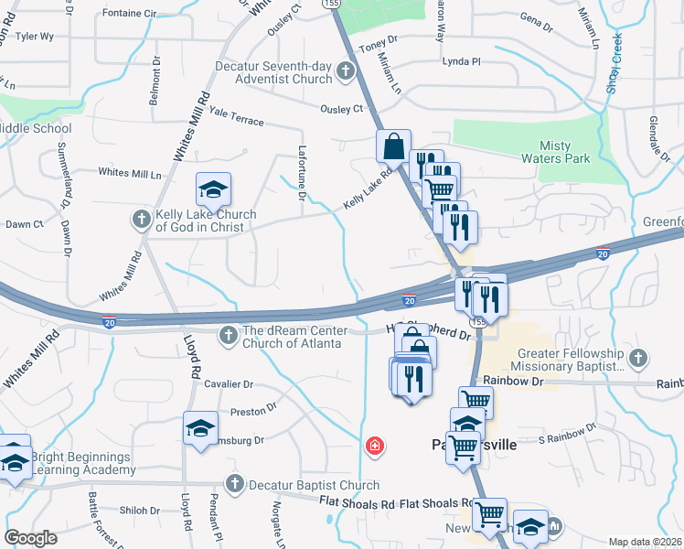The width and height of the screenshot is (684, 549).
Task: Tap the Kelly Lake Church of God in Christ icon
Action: [142, 220]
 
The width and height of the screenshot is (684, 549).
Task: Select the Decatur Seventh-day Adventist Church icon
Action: [346, 70]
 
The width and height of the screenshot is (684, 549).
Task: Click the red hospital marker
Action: [374, 447]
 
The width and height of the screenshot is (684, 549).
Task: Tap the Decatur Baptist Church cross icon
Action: [234, 485]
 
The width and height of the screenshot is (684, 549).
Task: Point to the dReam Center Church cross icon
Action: [228, 337]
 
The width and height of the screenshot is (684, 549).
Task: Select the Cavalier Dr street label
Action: [229, 385]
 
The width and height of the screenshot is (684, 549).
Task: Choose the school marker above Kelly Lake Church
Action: [213, 190]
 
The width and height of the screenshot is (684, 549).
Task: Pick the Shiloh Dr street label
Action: [140, 511]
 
